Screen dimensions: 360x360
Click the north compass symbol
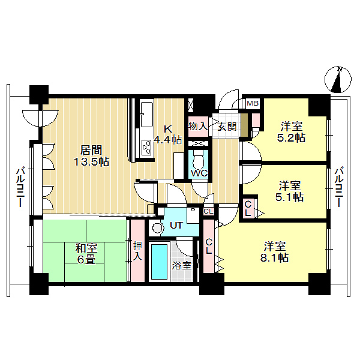[x=338, y=79]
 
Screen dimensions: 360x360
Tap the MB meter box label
[x=253, y=103]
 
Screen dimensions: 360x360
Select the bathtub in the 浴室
[x=160, y=262]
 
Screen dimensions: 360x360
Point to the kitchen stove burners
[x=146, y=148]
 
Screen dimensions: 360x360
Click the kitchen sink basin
[x=147, y=114]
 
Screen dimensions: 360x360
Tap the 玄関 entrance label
[x=227, y=127]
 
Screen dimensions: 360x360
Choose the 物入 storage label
[x=198, y=126]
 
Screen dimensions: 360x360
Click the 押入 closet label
[x=137, y=251]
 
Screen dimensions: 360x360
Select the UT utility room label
[x=176, y=225]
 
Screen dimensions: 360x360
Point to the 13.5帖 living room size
[x=91, y=162]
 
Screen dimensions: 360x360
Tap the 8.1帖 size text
[x=274, y=258]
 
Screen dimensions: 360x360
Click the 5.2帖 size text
[x=292, y=138]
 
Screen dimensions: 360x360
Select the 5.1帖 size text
[x=289, y=197]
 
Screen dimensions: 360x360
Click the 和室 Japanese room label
[x=86, y=248]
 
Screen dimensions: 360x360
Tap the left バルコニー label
[x=20, y=188]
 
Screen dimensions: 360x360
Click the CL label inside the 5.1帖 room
[x=248, y=208]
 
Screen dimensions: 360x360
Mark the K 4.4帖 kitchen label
[x=168, y=134]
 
